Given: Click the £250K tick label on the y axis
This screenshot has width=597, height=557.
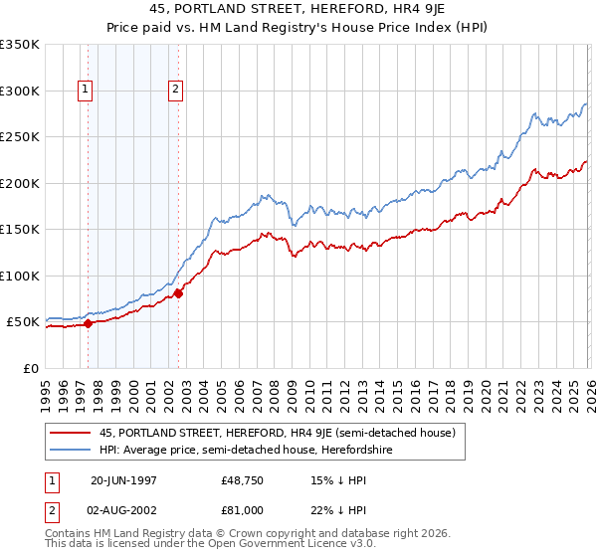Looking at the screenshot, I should [20, 137].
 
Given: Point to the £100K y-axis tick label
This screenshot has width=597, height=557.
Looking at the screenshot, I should [20, 276].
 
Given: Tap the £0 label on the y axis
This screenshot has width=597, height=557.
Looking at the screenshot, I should [30, 368].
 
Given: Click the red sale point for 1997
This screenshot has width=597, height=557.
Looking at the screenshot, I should [88, 323].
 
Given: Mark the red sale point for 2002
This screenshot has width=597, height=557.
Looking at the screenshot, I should [178, 293].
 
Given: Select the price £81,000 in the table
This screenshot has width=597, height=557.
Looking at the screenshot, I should [242, 509].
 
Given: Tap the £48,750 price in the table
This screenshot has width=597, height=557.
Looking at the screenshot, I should [242, 479].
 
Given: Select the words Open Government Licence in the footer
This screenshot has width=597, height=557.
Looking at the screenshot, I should [288, 544].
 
